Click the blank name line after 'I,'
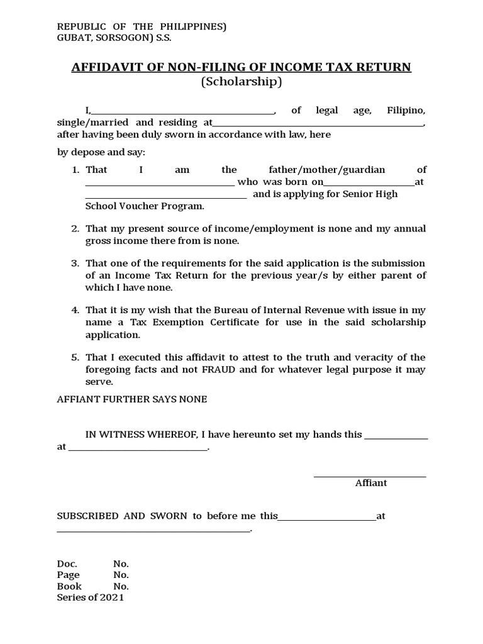(x=182, y=113)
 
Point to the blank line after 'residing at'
(x=318, y=125)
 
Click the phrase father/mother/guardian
(x=326, y=170)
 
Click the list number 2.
(x=75, y=229)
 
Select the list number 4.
(x=75, y=310)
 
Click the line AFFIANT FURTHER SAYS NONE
(x=132, y=399)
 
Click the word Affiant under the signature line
(x=371, y=483)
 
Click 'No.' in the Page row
(x=121, y=575)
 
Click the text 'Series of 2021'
(x=91, y=597)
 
